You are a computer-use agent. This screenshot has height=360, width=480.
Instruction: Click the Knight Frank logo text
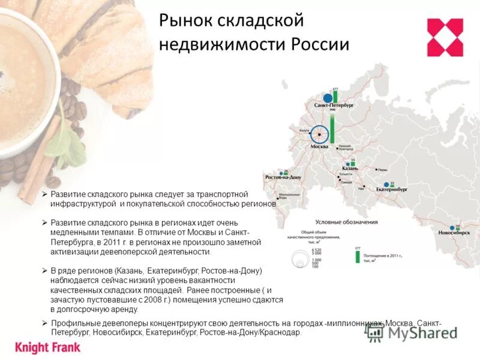47,347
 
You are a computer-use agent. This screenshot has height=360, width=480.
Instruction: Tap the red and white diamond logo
445,37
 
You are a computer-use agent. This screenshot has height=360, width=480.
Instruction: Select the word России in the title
320,44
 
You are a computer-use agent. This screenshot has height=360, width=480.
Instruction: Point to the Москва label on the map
319,146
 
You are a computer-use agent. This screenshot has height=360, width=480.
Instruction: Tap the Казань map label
349,169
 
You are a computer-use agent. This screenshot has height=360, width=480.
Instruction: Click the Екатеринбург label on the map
391,188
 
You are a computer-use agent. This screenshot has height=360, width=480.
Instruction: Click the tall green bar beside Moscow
332,129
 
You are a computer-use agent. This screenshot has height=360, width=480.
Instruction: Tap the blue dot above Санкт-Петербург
328,98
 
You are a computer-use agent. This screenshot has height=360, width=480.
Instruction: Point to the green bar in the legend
358,257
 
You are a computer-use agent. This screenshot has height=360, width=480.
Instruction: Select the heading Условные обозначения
346,222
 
